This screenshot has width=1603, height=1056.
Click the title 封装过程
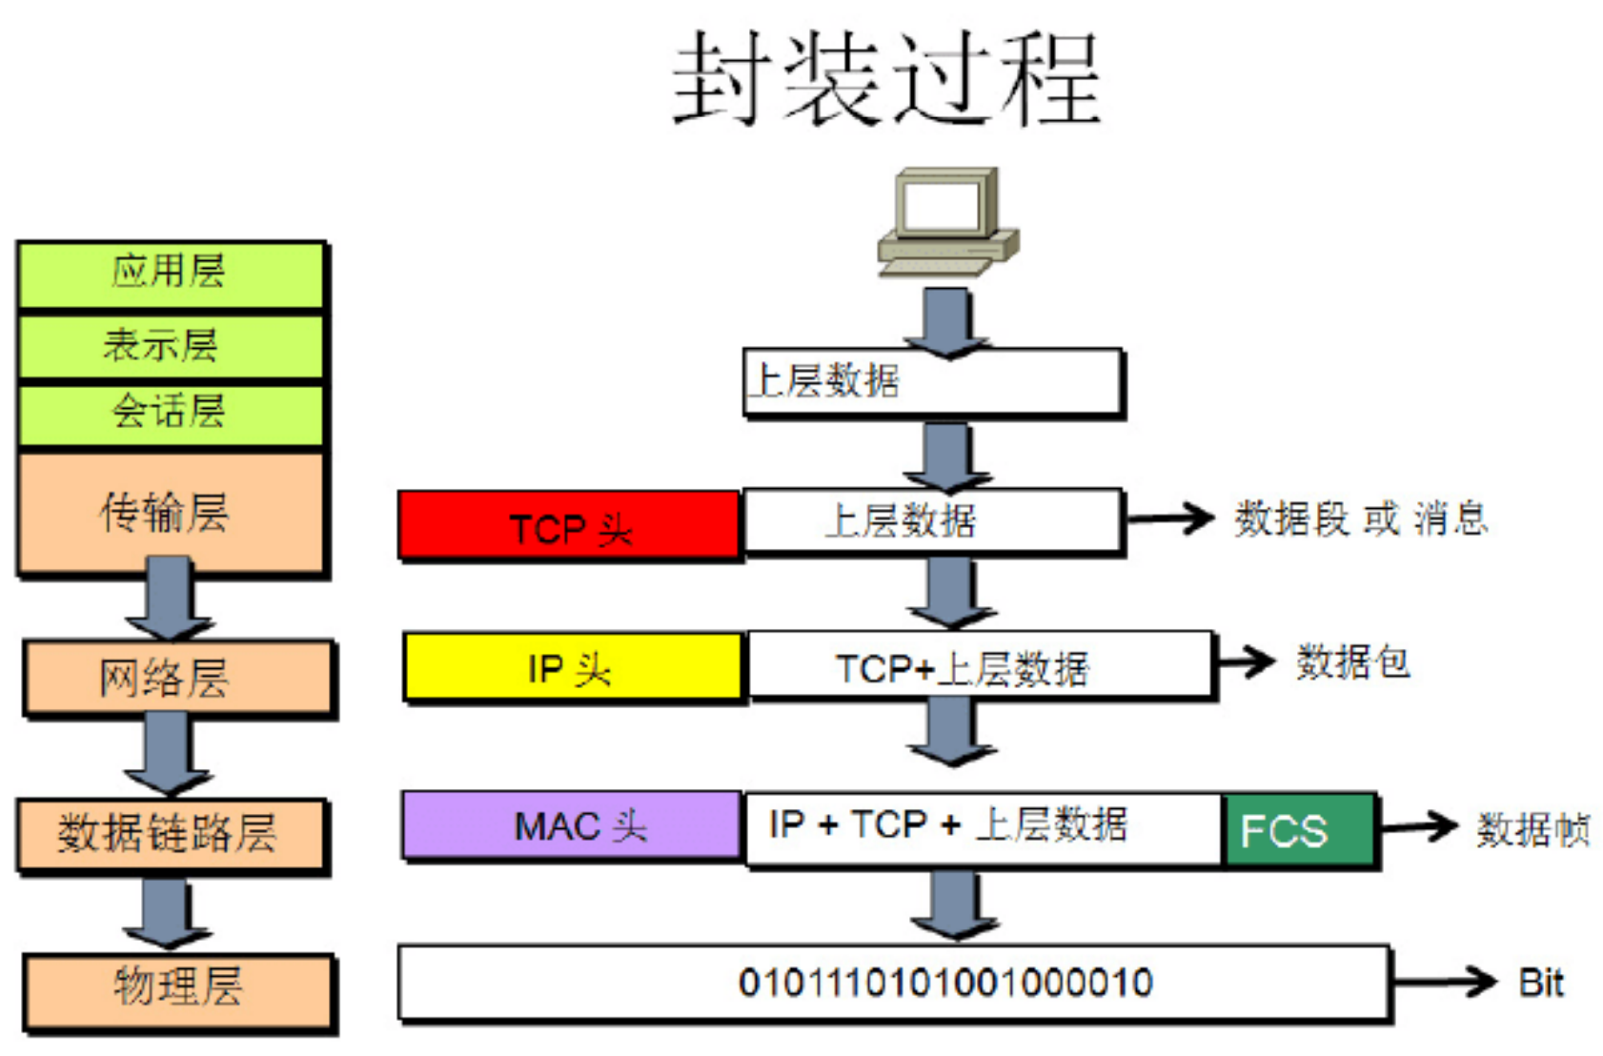pyautogui.click(x=886, y=78)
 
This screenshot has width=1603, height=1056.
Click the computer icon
pyautogui.click(x=947, y=221)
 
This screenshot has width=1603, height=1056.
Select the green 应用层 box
pyautogui.click(x=171, y=274)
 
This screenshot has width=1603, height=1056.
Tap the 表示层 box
pyautogui.click(x=171, y=345)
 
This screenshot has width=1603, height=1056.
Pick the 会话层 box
pyautogui.click(x=171, y=413)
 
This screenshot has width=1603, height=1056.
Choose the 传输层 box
pyautogui.click(x=171, y=513)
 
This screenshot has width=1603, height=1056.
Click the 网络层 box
pyautogui.click(x=178, y=677)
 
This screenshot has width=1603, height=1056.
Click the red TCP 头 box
pyautogui.click(x=569, y=524)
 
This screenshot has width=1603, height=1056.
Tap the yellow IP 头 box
pyautogui.click(x=572, y=667)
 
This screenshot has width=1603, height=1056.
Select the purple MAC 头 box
pyautogui.click(x=572, y=825)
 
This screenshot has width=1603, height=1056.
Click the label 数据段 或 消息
pyautogui.click(x=1361, y=519)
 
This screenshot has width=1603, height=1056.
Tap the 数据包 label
pyautogui.click(x=1352, y=661)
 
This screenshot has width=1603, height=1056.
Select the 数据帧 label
pyautogui.click(x=1532, y=829)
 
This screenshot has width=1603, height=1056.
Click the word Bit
pyautogui.click(x=1540, y=983)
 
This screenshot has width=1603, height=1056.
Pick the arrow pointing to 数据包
pyautogui.click(x=1247, y=661)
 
